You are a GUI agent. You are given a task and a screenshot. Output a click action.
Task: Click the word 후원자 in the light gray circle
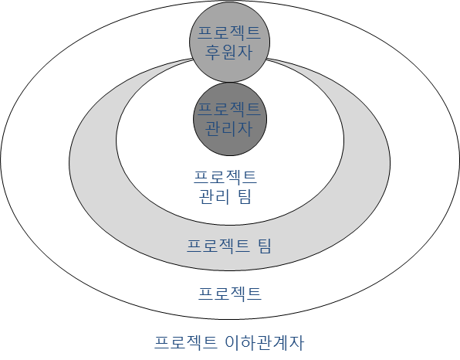pos(228,53)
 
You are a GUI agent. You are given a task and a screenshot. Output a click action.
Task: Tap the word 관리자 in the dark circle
pos(228,128)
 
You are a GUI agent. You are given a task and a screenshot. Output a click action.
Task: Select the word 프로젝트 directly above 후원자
pos(229,32)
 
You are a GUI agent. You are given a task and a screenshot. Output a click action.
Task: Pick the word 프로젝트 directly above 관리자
pos(229,109)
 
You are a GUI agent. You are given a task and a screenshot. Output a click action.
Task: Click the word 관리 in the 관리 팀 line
pos(214,196)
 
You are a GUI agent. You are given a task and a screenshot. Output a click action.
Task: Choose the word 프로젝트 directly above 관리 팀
pos(225,177)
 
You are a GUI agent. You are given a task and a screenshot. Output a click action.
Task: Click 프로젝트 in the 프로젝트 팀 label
pos(218,246)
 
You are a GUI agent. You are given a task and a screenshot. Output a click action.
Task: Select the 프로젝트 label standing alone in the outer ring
pos(230,294)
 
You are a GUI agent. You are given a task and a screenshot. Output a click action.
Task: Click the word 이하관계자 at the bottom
pos(265,342)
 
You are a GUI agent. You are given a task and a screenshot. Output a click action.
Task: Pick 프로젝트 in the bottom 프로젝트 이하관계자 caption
pos(186,342)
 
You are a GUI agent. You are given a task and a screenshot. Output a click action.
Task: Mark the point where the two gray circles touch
pos(230,82)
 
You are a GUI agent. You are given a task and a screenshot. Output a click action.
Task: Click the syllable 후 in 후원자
pos(212,53)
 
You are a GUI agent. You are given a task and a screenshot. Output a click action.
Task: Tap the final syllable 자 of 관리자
pos(245,128)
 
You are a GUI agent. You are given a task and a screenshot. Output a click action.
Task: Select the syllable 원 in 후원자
pos(228,53)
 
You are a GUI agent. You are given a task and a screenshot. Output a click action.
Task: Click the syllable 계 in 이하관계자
pos(281,342)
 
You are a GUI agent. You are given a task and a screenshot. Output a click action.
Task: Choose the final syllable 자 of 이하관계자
pos(296,342)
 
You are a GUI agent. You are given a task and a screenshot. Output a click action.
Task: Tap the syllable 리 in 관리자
pos(228,128)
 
